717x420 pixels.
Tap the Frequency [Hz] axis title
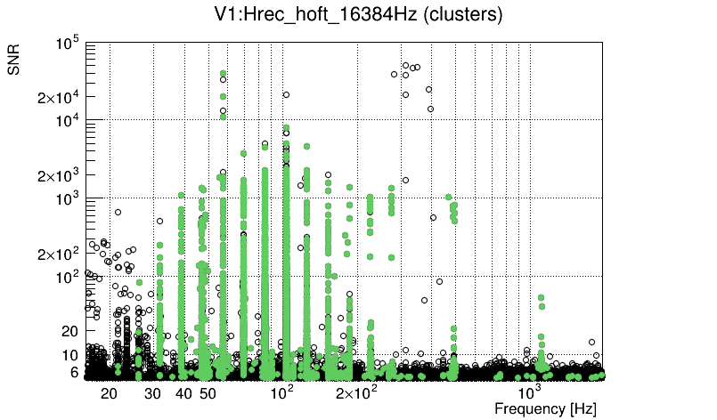click(545, 408)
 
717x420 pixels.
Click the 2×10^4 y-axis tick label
click(59, 97)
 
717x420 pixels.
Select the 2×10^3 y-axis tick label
click(59, 174)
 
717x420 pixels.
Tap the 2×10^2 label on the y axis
click(59, 254)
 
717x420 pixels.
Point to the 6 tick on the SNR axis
click(75, 373)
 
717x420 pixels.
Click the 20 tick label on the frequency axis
click(109, 392)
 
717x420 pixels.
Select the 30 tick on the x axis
click(153, 392)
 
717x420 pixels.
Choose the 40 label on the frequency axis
click(184, 392)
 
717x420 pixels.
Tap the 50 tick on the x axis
click(208, 392)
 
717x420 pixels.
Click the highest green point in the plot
click(223, 74)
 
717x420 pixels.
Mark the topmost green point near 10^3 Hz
click(541, 298)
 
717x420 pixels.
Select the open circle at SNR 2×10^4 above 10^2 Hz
click(286, 94)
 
